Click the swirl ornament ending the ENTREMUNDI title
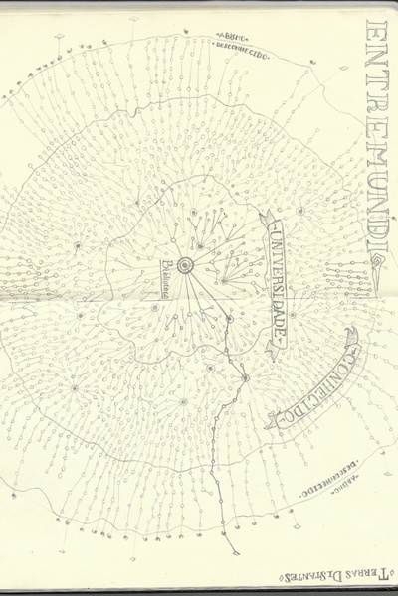(381, 261)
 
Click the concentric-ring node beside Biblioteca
(184, 264)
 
